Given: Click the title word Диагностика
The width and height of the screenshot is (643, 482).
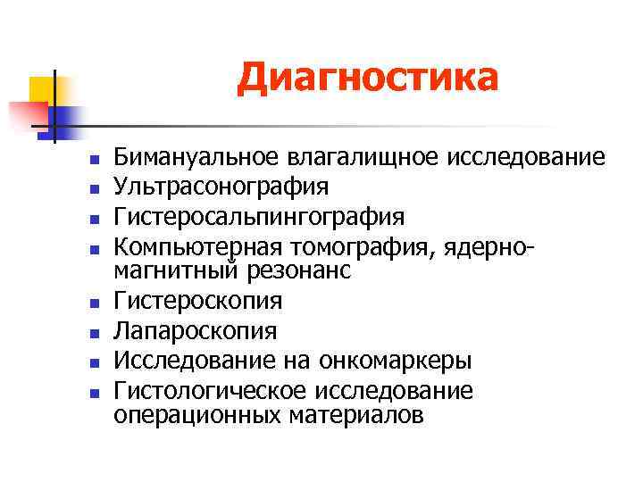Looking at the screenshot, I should (x=367, y=78).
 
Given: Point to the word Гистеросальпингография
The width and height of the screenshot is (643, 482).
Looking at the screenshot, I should (x=259, y=216).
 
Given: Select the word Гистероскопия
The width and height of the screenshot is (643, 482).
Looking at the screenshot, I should (x=198, y=302).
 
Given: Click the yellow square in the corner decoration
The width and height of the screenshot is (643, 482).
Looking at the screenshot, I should (x=42, y=90).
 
